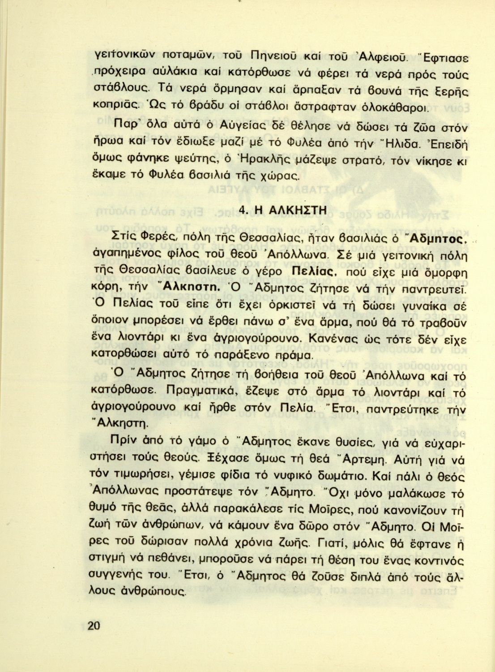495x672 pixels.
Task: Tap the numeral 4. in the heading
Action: coord(243,211)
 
